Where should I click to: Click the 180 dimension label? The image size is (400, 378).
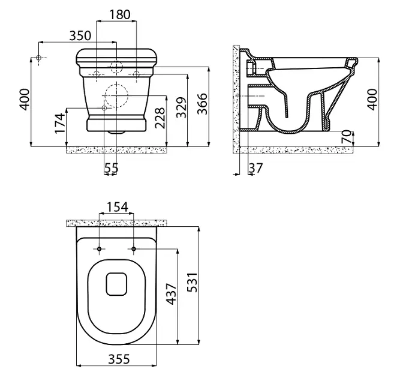tap(120, 14)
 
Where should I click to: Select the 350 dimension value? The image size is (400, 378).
tap(80, 36)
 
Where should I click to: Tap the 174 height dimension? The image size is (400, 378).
tap(61, 123)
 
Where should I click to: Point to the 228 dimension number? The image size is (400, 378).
tap(161, 118)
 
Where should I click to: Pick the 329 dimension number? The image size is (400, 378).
tap(182, 107)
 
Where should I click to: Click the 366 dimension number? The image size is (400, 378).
tap(203, 104)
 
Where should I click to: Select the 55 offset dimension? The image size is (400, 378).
tap(112, 167)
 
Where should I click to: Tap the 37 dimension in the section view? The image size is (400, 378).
tap(255, 168)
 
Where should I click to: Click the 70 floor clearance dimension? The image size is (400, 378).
tap(347, 137)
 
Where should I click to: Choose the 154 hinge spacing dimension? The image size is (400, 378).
tap(117, 207)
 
